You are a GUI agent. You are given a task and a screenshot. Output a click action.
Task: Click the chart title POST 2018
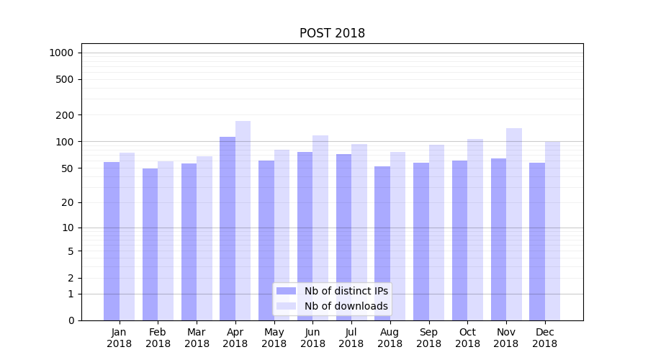tap(332, 34)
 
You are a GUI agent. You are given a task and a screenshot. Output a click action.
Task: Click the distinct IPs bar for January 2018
tap(112, 240)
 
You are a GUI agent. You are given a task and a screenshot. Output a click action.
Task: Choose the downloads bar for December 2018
tap(553, 230)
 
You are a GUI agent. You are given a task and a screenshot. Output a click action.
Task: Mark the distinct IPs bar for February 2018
tap(150, 244)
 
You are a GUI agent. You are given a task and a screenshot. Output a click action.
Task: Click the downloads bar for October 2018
tap(475, 230)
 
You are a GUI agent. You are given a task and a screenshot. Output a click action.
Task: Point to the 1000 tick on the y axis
tap(61, 53)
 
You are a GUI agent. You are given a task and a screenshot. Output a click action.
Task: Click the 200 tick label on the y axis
tap(65, 115)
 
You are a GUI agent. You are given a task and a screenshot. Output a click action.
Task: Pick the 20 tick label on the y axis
tap(67, 203)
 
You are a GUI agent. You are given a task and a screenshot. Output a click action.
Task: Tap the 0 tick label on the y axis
tap(71, 320)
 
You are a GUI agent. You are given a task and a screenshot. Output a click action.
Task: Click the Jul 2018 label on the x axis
tap(351, 338)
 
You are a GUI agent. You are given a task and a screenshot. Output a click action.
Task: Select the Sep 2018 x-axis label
tap(428, 338)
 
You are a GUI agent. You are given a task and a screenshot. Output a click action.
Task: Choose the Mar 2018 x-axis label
tap(197, 338)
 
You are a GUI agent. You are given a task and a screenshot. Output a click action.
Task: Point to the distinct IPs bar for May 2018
tap(266, 240)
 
